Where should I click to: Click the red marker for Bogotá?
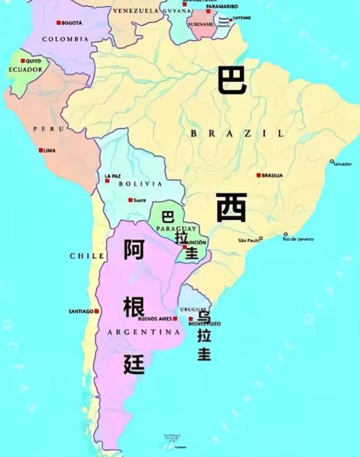[x=58, y=23]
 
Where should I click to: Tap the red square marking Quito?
[x=23, y=61]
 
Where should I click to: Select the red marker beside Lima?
[x=40, y=150]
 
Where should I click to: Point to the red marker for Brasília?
[x=258, y=175]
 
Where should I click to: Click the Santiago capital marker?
[x=96, y=311]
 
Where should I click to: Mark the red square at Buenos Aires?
[x=175, y=318]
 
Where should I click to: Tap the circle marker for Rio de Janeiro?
[x=286, y=234]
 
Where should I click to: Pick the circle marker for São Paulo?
[x=261, y=238]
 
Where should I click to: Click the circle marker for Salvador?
[x=332, y=161]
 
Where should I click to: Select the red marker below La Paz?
[x=107, y=181]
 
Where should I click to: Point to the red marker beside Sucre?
[x=130, y=200]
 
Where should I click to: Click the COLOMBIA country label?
[x=65, y=39]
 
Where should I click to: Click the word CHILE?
[x=87, y=255]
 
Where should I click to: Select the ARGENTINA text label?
[x=144, y=333]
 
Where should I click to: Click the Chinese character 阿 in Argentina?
[x=134, y=250]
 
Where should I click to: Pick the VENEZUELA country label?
[x=135, y=11]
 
